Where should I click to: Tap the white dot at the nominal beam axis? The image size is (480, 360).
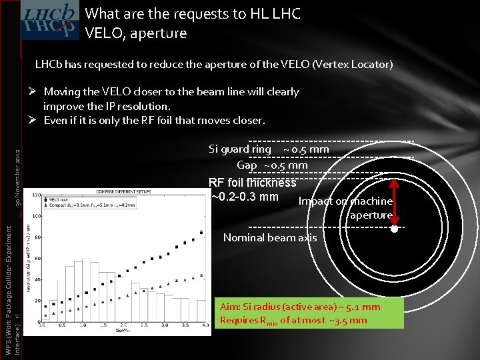(x=394, y=229)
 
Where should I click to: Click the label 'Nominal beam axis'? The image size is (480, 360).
(x=270, y=238)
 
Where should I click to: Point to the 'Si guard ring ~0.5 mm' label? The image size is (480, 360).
(x=269, y=149)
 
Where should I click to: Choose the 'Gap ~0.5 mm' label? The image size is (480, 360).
(x=272, y=165)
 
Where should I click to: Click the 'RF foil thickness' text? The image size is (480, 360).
(x=252, y=183)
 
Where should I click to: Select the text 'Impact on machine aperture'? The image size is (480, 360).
(x=345, y=207)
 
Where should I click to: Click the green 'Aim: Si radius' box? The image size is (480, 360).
(x=309, y=313)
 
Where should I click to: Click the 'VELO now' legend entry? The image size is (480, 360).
(x=59, y=199)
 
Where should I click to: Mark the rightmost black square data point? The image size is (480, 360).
(x=201, y=233)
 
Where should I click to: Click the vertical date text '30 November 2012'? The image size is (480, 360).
(x=23, y=177)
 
